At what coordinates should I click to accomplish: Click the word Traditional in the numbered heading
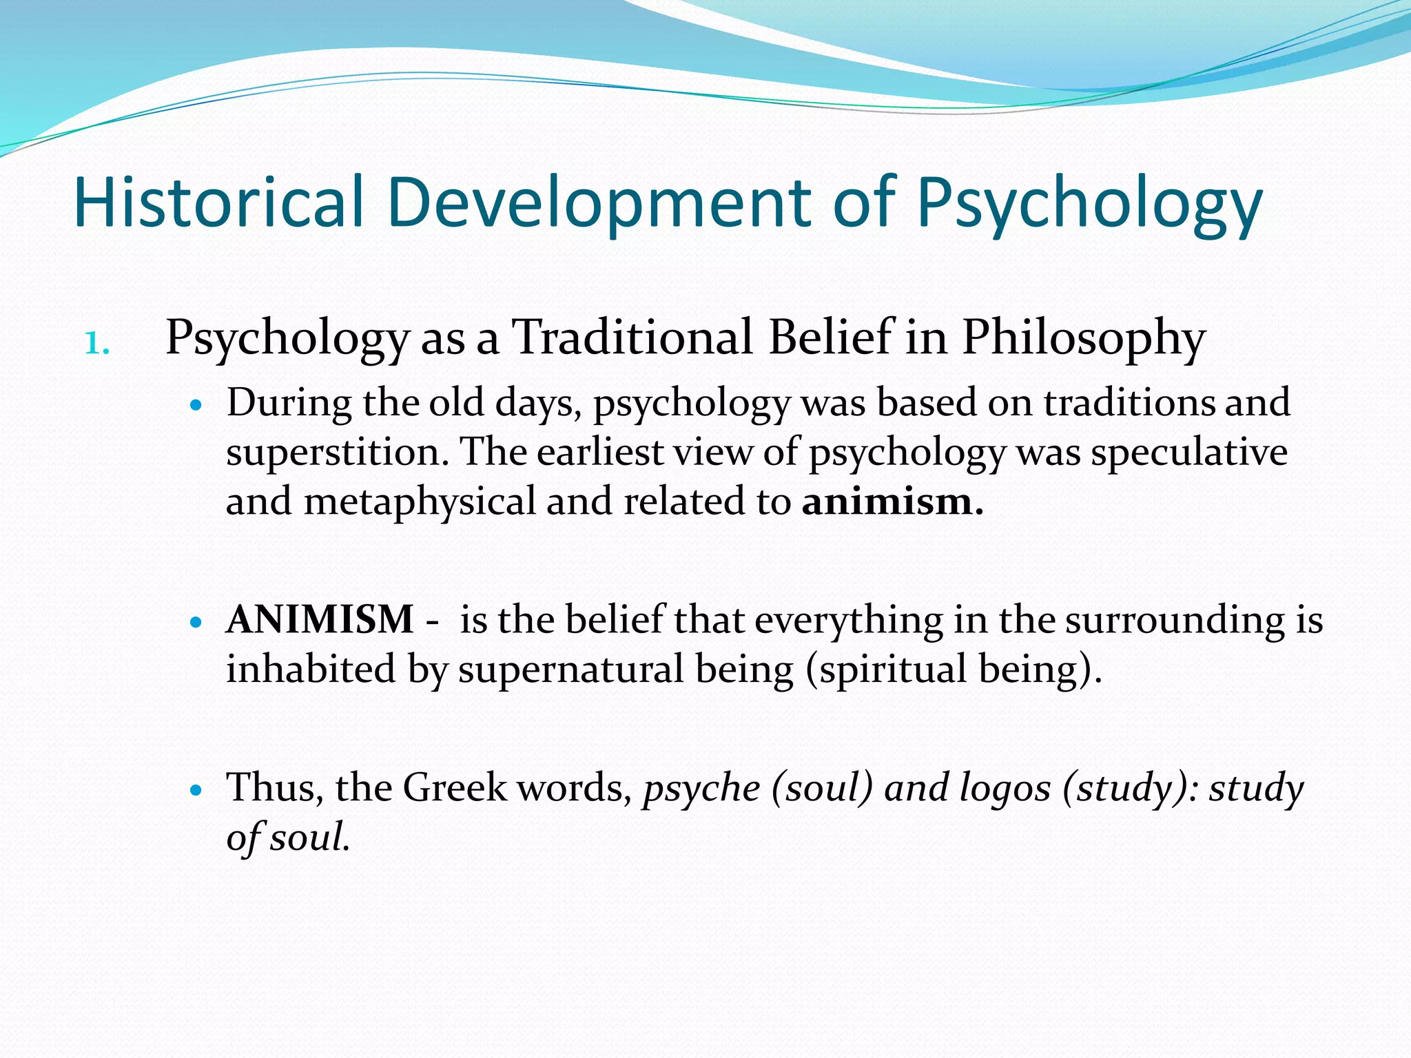[633, 338]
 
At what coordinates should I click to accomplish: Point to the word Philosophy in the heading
[1083, 338]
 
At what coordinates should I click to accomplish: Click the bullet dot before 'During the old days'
[197, 405]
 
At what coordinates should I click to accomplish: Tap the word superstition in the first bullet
[337, 453]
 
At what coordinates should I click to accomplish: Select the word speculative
[1189, 453]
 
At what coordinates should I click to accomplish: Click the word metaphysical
[420, 501]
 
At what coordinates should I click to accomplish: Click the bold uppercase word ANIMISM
[320, 619]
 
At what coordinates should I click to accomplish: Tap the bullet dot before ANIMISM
[197, 622]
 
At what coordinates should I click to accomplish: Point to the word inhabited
[311, 669]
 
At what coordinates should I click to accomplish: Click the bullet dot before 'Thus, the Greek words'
[197, 790]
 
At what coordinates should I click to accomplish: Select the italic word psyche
[701, 787]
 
